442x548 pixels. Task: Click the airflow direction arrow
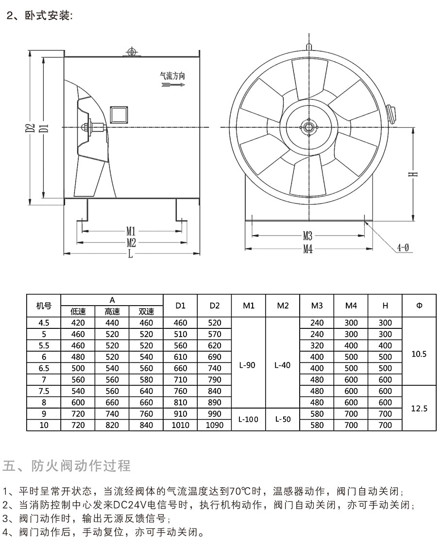pyautogui.click(x=172, y=85)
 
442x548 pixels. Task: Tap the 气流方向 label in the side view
pyautogui.click(x=172, y=76)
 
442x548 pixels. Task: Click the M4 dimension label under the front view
pyautogui.click(x=308, y=249)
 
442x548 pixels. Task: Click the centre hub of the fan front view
pyautogui.click(x=308, y=128)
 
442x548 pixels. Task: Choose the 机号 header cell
pyautogui.click(x=44, y=306)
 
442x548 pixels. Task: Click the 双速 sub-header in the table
pyautogui.click(x=146, y=312)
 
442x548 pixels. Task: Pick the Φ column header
pyautogui.click(x=419, y=306)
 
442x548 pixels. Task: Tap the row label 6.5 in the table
pyautogui.click(x=44, y=368)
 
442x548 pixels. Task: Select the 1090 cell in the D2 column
pyautogui.click(x=215, y=425)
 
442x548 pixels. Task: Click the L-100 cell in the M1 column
pyautogui.click(x=249, y=419)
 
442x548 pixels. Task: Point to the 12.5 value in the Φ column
pyautogui.click(x=419, y=408)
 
